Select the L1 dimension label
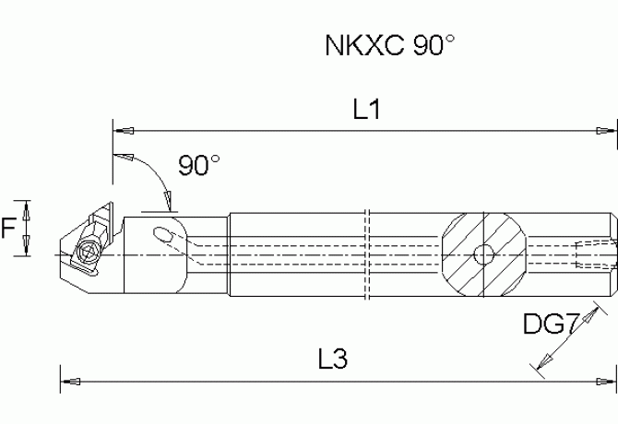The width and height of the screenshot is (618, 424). pyautogui.click(x=367, y=111)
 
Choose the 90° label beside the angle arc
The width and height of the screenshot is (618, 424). pyautogui.click(x=199, y=166)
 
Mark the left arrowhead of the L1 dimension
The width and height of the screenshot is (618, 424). pyautogui.click(x=124, y=129)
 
